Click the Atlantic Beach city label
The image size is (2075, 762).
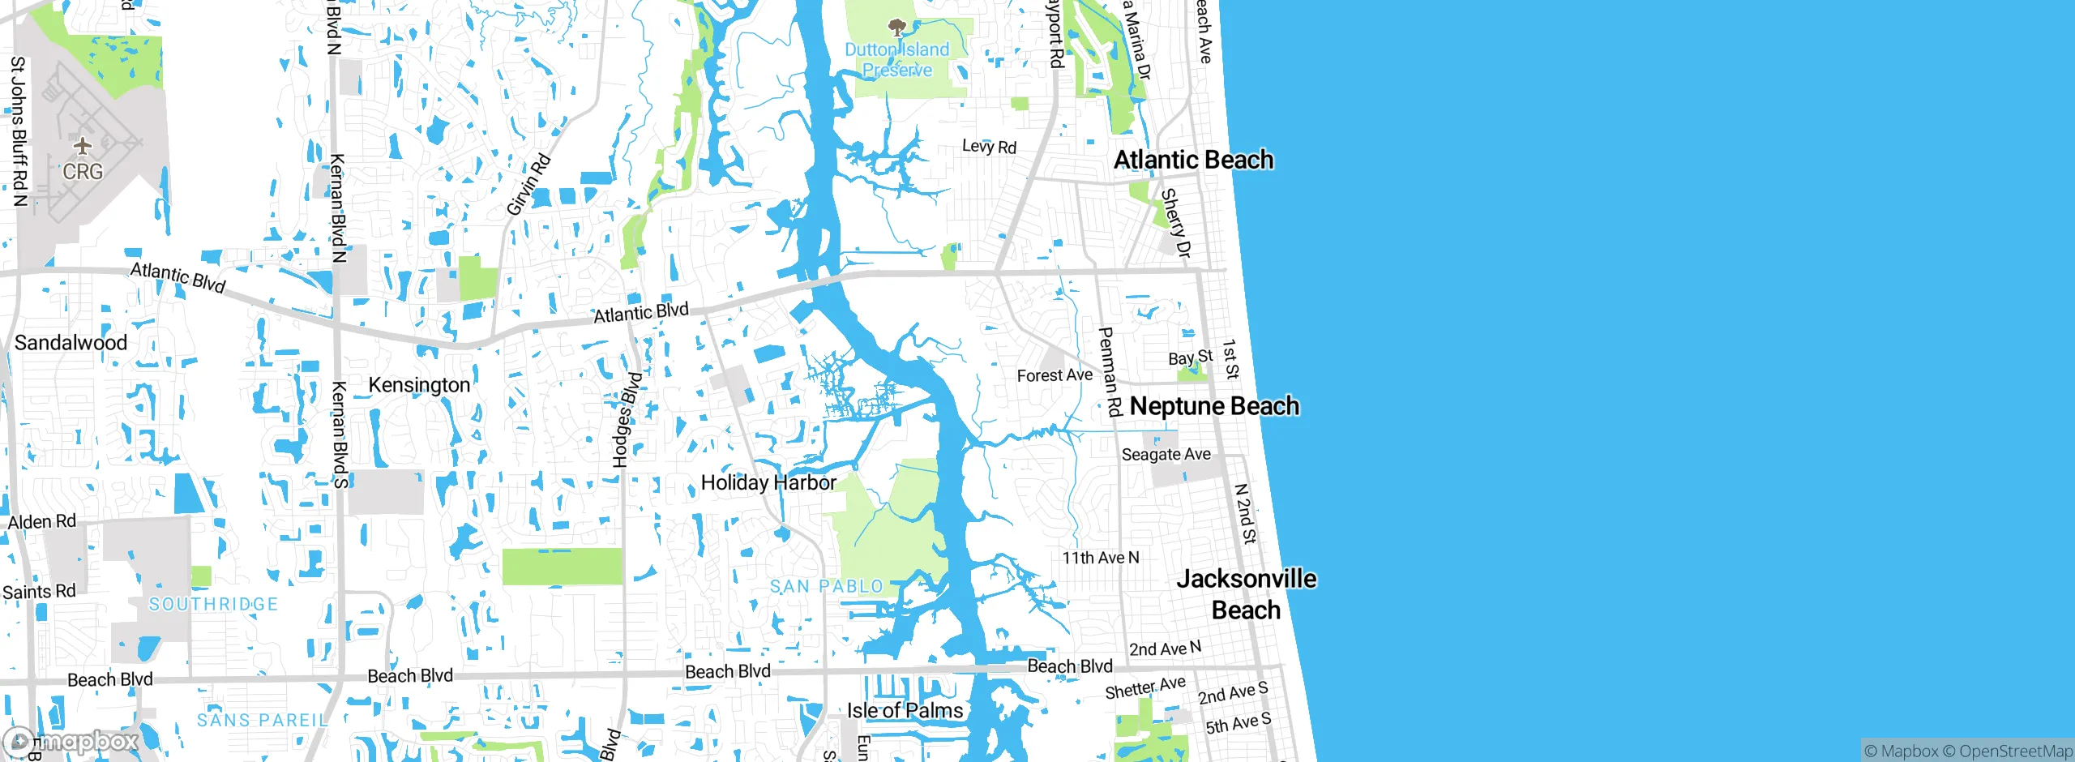point(1193,160)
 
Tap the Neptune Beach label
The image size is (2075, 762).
point(1214,405)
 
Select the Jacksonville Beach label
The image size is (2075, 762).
point(1247,594)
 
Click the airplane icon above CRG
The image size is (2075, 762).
point(83,147)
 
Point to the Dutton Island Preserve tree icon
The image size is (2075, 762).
point(896,29)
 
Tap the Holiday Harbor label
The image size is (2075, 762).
point(768,483)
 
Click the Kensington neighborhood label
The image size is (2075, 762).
point(419,385)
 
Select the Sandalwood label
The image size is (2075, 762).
point(71,343)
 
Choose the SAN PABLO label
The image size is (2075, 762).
point(827,586)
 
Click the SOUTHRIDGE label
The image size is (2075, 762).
point(214,604)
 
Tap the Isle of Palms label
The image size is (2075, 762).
point(905,711)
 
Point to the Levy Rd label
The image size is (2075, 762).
point(989,147)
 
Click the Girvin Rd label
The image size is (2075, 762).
point(528,185)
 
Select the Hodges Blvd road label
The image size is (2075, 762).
point(627,420)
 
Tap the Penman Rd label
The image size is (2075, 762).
point(1109,372)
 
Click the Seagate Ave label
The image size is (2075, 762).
point(1166,455)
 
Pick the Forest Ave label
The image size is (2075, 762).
point(1055,375)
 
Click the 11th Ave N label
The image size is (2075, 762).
point(1101,558)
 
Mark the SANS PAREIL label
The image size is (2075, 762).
point(263,720)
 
